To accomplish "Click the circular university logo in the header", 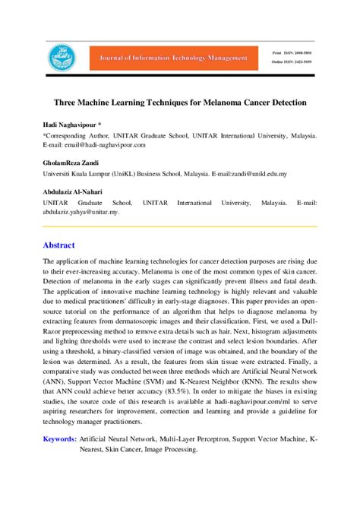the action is pyautogui.click(x=58, y=57).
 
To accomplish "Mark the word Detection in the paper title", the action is pyautogui.click(x=285, y=101).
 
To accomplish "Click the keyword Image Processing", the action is pyautogui.click(x=167, y=449).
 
